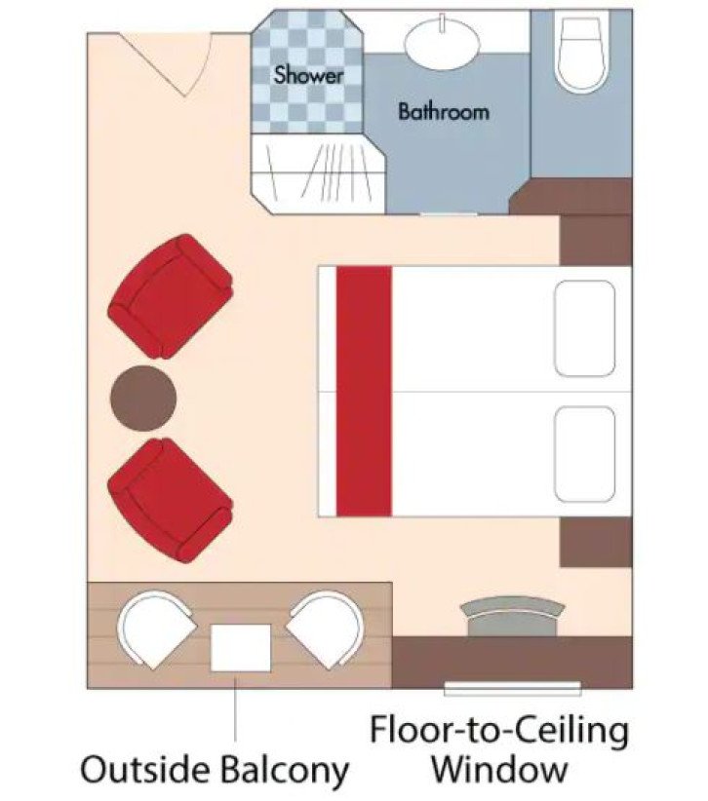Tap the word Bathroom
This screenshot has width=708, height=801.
(x=443, y=111)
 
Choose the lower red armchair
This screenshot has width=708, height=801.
(x=170, y=498)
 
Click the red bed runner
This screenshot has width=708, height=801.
(x=364, y=392)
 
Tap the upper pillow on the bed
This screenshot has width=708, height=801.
(x=584, y=327)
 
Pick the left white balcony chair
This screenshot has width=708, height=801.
(x=155, y=629)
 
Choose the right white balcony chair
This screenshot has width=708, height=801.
(x=325, y=629)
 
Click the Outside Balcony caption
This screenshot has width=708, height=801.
(x=215, y=771)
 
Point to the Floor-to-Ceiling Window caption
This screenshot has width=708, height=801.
(x=498, y=749)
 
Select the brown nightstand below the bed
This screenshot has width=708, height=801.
(x=595, y=540)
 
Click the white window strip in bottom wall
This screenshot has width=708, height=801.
(x=512, y=689)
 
